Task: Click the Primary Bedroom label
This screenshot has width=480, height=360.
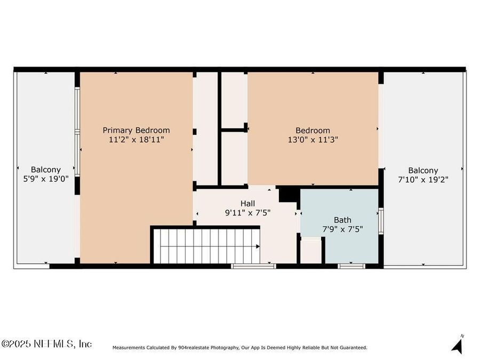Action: click(x=136, y=130)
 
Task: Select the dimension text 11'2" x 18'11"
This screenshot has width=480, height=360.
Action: click(x=136, y=140)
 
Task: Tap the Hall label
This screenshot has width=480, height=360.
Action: click(x=247, y=203)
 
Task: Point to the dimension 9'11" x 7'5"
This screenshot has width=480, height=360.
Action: click(x=247, y=212)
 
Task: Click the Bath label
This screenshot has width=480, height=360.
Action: click(x=342, y=220)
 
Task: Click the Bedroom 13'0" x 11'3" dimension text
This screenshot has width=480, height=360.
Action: click(x=313, y=140)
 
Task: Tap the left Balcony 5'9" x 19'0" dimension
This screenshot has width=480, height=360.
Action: click(x=45, y=180)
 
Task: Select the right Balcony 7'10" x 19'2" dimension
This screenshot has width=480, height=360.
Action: click(x=423, y=180)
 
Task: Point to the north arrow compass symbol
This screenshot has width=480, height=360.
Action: click(x=457, y=345)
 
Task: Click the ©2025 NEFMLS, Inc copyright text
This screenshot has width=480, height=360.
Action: click(x=47, y=344)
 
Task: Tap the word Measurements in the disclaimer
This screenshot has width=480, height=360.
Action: click(x=130, y=348)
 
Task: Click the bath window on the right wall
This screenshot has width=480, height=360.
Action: click(x=381, y=221)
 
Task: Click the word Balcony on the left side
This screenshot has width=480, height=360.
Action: click(x=45, y=170)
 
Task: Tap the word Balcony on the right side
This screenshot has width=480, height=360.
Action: click(x=423, y=170)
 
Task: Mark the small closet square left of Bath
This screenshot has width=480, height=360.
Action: click(x=311, y=251)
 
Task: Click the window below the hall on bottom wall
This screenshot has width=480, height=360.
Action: click(x=253, y=266)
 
